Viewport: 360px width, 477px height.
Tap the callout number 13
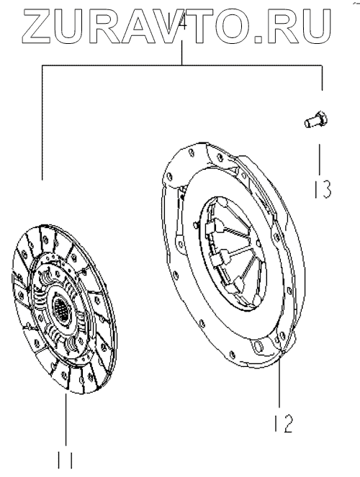click(x=323, y=188)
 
